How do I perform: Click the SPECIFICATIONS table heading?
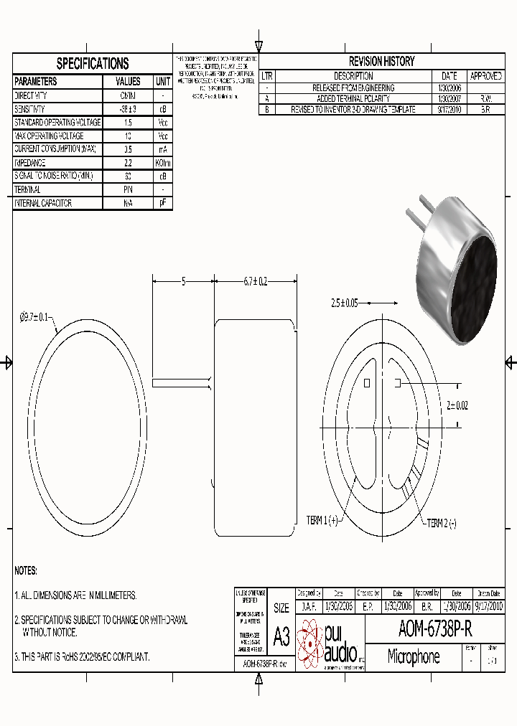(x=93, y=63)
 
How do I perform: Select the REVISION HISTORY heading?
(x=381, y=62)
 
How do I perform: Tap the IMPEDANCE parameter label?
(x=34, y=162)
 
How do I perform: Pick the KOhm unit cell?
(x=163, y=162)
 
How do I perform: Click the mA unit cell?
(x=163, y=149)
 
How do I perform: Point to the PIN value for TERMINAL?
(x=128, y=189)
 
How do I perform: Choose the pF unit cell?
(x=163, y=203)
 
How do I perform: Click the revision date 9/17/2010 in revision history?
(x=450, y=110)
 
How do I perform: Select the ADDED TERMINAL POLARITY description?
(x=353, y=98)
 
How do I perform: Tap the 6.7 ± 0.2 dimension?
(x=255, y=282)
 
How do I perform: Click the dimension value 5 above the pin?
(x=183, y=282)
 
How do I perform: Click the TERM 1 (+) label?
(x=322, y=520)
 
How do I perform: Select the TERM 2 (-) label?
(x=442, y=524)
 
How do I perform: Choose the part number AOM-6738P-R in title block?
(x=435, y=630)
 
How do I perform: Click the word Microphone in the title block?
(x=413, y=656)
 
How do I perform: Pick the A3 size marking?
(x=281, y=636)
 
